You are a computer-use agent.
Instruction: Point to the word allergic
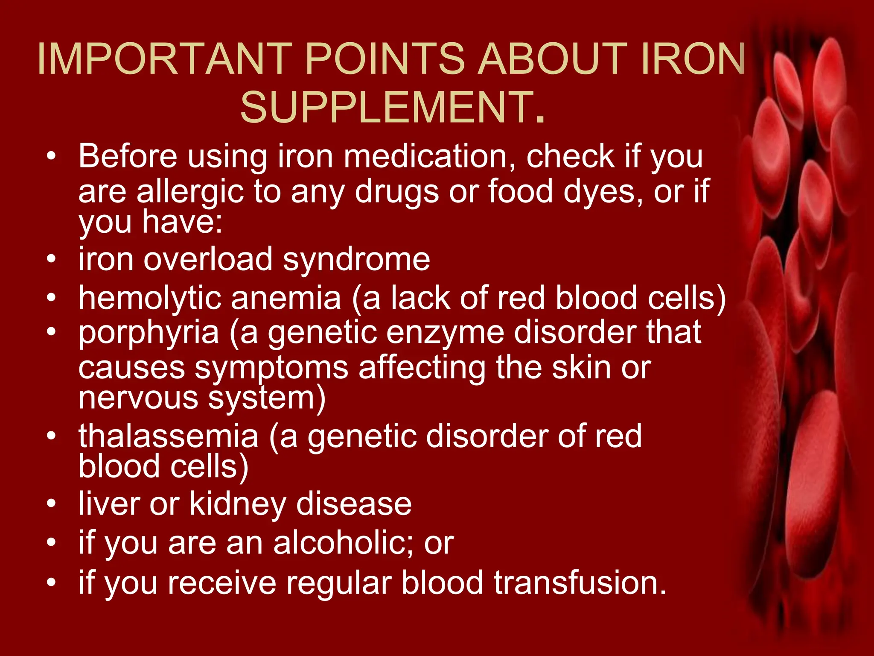pos(190,192)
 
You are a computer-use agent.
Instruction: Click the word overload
pos(208,259)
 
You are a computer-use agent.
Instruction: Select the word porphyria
pos(149,333)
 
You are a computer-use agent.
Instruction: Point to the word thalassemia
pos(169,436)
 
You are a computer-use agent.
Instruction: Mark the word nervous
pos(138,398)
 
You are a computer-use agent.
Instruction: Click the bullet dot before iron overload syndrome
pos(52,259)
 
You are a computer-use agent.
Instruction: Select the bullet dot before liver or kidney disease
pos(52,504)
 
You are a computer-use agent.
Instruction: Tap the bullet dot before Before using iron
pos(52,156)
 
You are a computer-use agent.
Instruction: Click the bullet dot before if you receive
pos(52,583)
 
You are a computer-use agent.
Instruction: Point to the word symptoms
pos(272,368)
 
